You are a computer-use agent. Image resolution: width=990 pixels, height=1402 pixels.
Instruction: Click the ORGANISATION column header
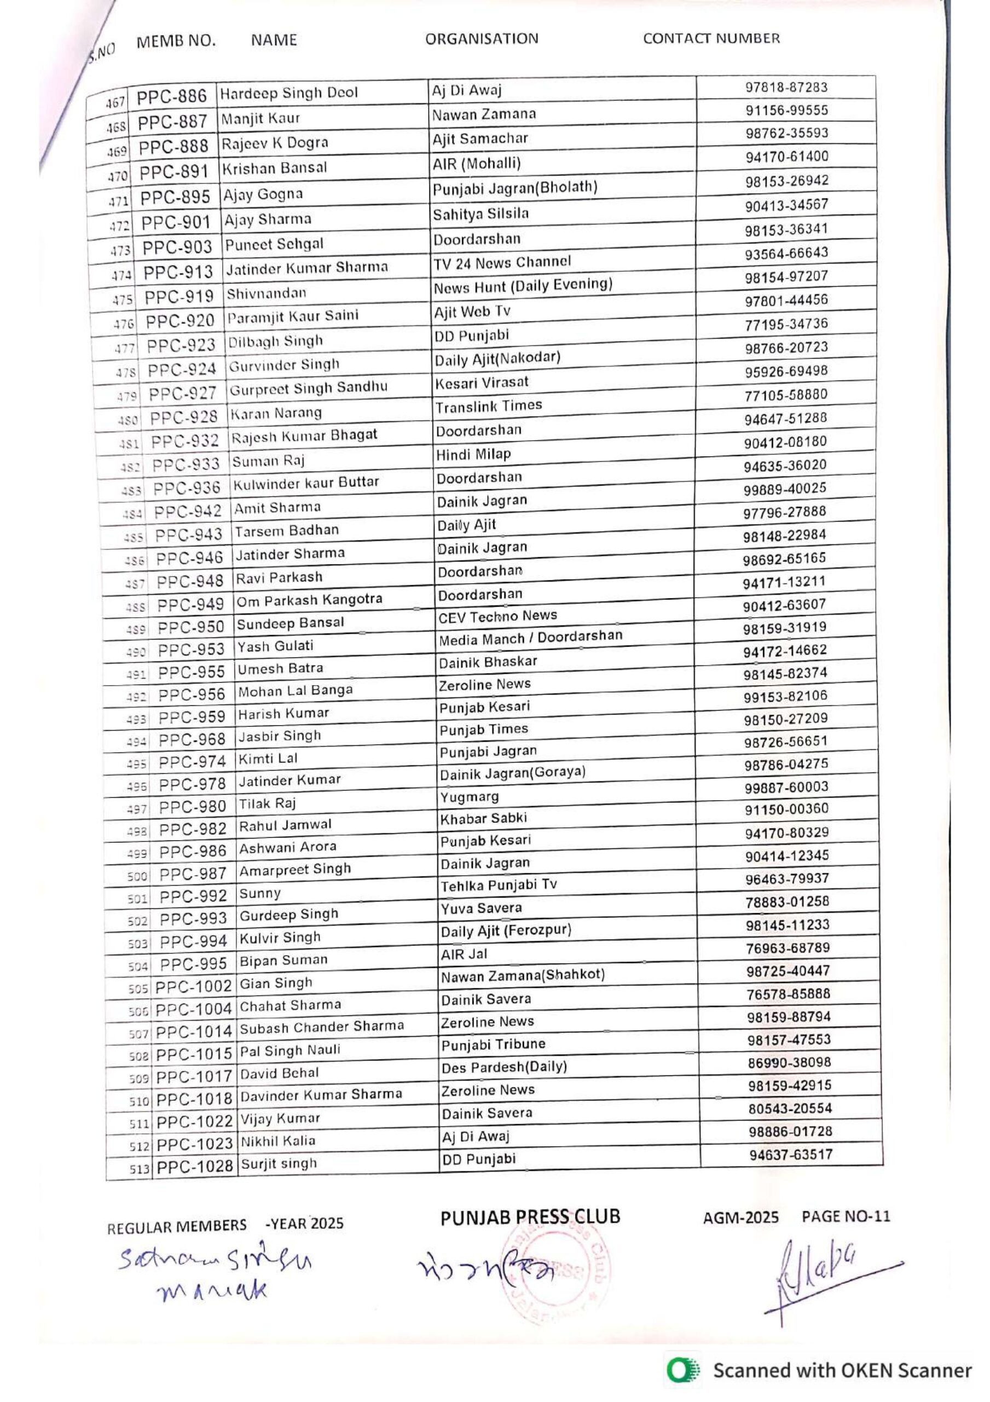[482, 38]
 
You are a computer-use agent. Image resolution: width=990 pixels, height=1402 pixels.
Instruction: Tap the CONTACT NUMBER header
[711, 38]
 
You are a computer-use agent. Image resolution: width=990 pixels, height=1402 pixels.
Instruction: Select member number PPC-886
[171, 96]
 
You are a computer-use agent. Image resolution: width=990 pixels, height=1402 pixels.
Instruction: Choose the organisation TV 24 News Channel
[502, 262]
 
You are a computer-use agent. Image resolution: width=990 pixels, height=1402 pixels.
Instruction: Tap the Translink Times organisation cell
[488, 406]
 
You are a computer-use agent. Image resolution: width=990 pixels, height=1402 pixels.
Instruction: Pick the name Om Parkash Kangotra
[309, 600]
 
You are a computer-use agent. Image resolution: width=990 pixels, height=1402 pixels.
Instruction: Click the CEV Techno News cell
[497, 617]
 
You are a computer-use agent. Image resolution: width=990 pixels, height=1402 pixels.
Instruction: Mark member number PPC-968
[192, 740]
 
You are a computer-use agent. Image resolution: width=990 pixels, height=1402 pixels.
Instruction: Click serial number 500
[137, 877]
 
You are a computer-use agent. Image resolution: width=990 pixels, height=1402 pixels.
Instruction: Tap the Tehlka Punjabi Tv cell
[499, 886]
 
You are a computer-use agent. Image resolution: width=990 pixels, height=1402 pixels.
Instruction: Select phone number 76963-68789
[788, 949]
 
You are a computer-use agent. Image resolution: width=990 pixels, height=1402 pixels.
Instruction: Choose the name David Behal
[279, 1073]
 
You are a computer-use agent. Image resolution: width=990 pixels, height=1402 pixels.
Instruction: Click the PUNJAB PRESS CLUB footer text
[530, 1217]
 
